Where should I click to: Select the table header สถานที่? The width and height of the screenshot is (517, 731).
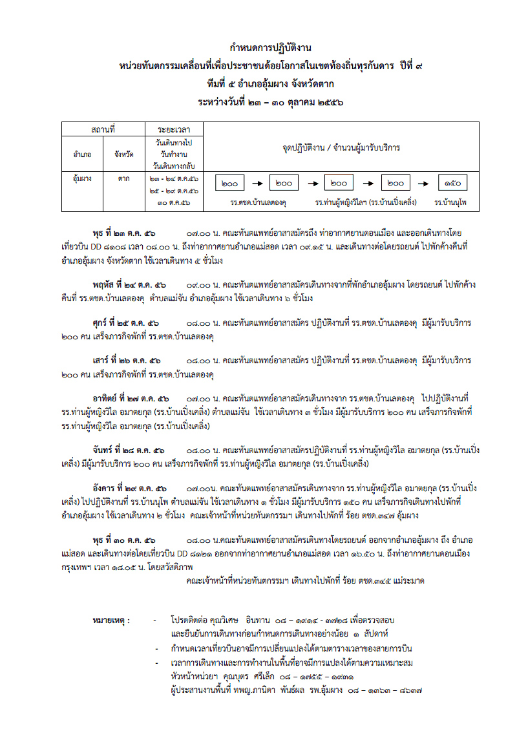pyautogui.click(x=103, y=130)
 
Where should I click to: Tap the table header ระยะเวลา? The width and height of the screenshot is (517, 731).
pyautogui.click(x=173, y=130)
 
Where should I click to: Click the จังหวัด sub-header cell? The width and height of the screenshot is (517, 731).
pyautogui.click(x=124, y=154)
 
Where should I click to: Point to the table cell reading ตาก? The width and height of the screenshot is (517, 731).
pyautogui.click(x=123, y=178)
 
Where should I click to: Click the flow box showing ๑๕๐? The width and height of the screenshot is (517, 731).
pyautogui.click(x=452, y=184)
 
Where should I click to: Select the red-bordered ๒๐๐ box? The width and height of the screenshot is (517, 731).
pyautogui.click(x=340, y=184)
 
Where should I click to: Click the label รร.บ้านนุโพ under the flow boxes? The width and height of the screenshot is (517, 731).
pyautogui.click(x=450, y=202)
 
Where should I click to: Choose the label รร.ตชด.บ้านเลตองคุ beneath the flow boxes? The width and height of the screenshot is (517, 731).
pyautogui.click(x=258, y=202)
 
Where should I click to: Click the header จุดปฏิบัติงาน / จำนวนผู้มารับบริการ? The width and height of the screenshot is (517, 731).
pyautogui.click(x=341, y=148)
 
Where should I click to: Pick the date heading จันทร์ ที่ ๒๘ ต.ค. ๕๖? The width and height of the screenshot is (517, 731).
pyautogui.click(x=129, y=449)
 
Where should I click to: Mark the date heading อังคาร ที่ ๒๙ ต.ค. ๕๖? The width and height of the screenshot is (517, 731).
pyautogui.click(x=130, y=487)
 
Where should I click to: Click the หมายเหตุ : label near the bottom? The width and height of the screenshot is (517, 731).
pyautogui.click(x=111, y=621)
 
